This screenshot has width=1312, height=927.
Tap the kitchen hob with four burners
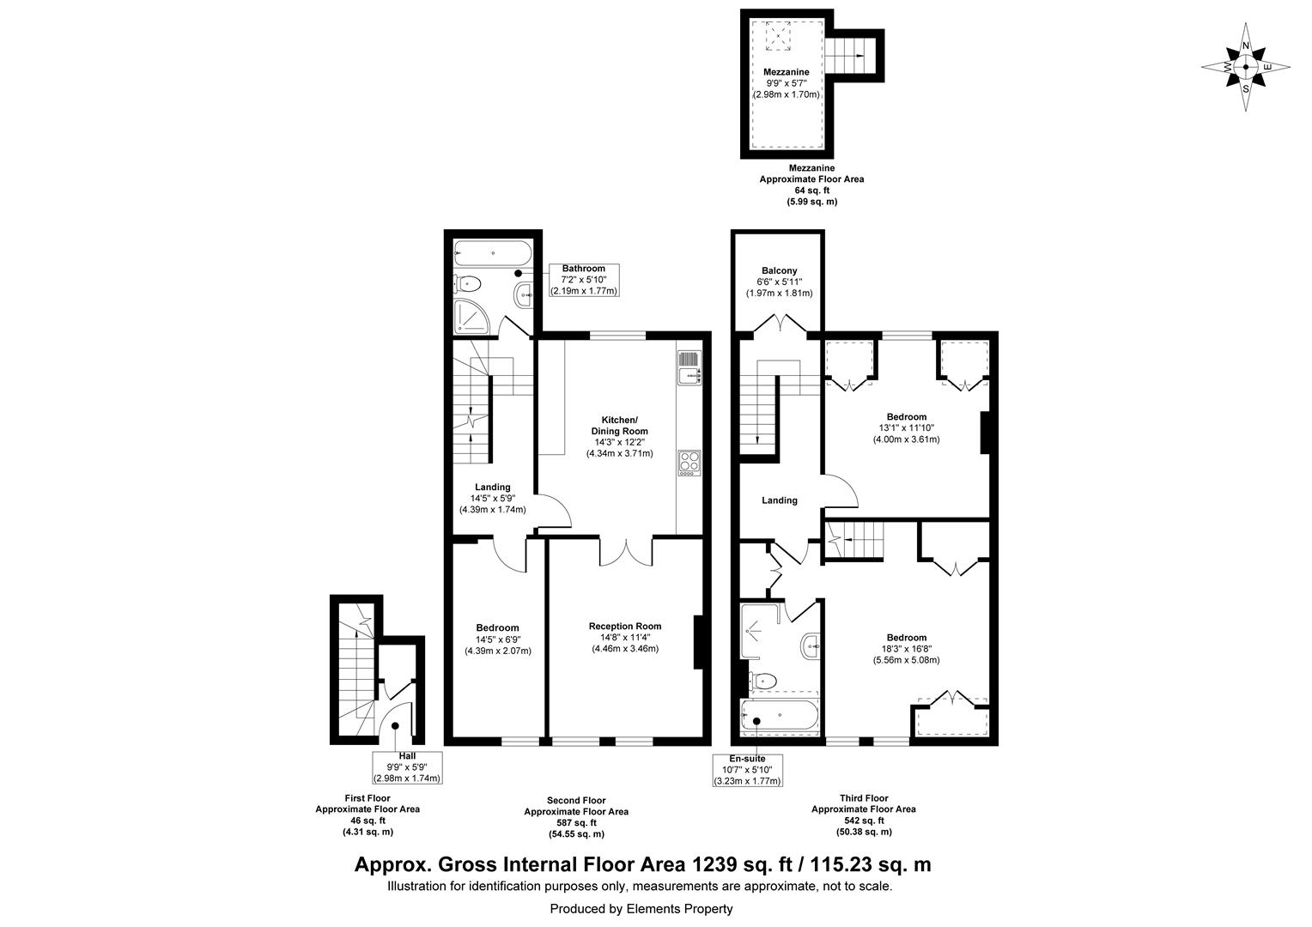(x=689, y=463)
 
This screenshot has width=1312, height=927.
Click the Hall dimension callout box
(x=407, y=767)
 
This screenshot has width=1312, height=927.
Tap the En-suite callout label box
(x=747, y=770)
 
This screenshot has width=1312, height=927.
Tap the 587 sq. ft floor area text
(x=576, y=822)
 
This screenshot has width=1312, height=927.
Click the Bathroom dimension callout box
(x=583, y=280)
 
